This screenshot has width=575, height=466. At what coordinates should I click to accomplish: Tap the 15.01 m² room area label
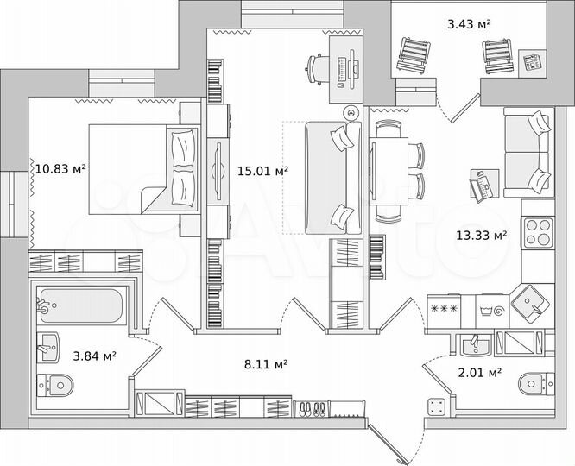[x=262, y=172]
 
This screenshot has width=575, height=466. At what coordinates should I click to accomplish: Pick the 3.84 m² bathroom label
[x=94, y=355]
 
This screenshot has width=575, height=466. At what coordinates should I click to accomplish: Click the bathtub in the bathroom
[x=82, y=305]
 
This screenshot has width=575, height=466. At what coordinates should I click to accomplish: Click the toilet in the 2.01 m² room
[x=532, y=383]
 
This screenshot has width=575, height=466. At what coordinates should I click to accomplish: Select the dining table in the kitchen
[x=387, y=172]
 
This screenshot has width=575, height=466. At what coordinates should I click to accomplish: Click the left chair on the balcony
[x=413, y=57]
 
